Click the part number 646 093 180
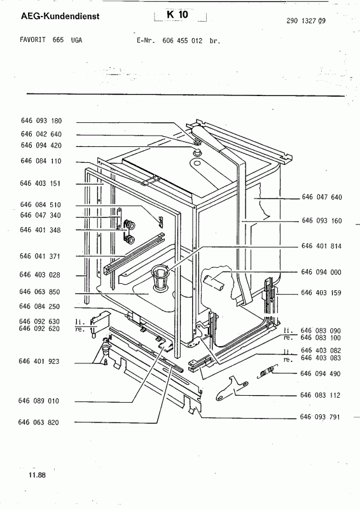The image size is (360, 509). (41, 121)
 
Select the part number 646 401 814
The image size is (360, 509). (321, 246)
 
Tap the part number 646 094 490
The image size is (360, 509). (321, 373)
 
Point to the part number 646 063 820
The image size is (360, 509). (39, 422)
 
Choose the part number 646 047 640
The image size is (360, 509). (322, 197)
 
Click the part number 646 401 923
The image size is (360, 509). (39, 361)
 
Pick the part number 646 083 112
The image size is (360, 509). (321, 395)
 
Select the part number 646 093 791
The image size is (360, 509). (320, 417)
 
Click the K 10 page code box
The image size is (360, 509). (180, 15)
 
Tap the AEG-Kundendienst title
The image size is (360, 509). (60, 16)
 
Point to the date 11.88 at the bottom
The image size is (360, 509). (38, 475)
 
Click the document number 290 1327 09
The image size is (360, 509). (306, 21)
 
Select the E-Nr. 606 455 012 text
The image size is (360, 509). (178, 41)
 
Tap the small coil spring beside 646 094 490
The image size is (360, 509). (268, 371)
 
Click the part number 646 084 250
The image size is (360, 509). (39, 307)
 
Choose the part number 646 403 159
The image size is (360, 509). (321, 293)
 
